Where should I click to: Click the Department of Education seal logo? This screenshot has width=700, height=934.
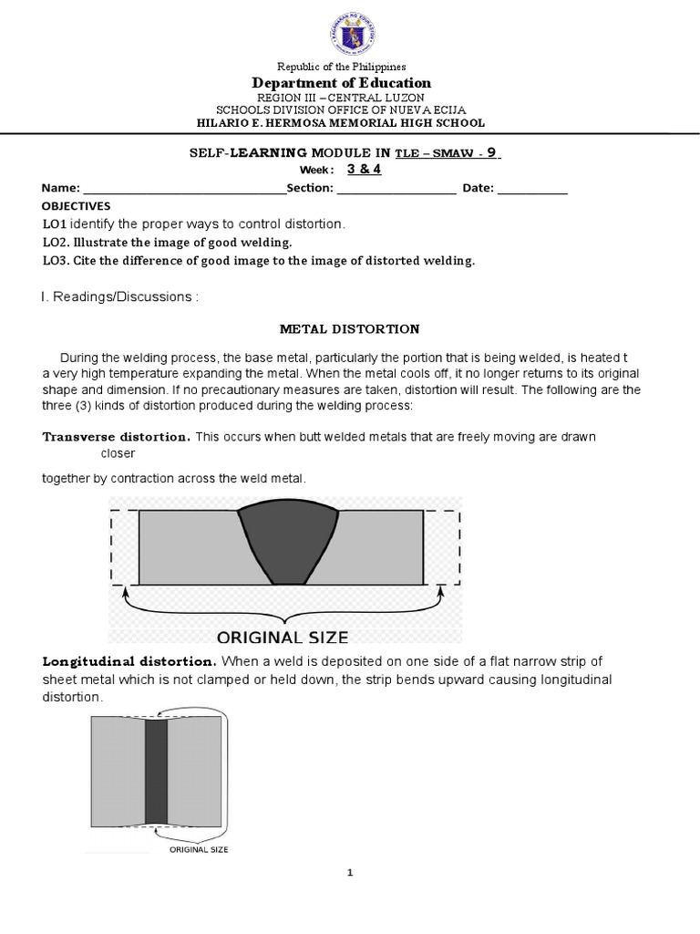pyautogui.click(x=351, y=34)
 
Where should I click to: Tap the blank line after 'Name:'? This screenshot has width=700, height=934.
pyautogui.click(x=183, y=189)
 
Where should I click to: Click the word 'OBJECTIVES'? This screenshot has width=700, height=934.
pyautogui.click(x=76, y=206)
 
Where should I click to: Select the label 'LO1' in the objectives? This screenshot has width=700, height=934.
pyautogui.click(x=54, y=224)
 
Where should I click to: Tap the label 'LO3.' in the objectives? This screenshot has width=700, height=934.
pyautogui.click(x=57, y=261)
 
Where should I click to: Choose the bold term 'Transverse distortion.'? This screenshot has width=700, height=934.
pyautogui.click(x=116, y=437)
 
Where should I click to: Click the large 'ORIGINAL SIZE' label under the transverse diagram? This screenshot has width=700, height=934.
pyautogui.click(x=282, y=636)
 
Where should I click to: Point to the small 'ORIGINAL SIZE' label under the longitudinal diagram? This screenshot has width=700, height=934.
pyautogui.click(x=199, y=849)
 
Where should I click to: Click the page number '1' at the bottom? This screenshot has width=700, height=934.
pyautogui.click(x=350, y=873)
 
